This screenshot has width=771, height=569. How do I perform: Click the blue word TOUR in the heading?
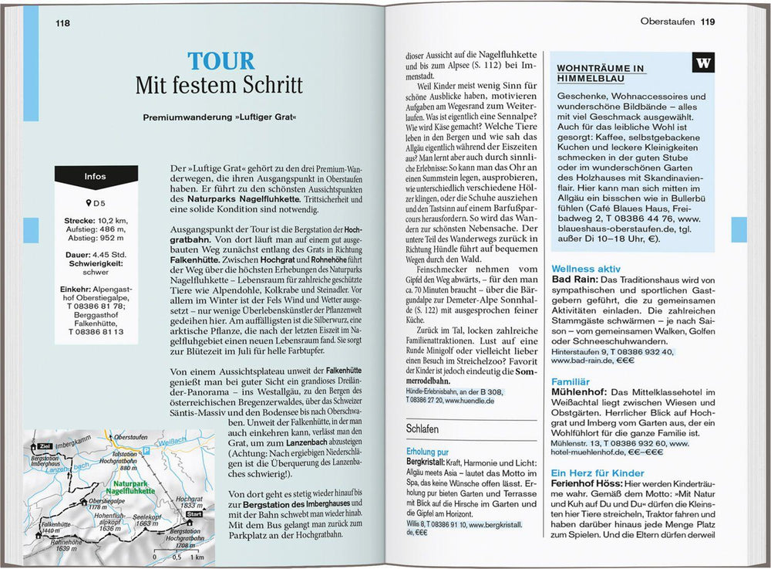point(221,62)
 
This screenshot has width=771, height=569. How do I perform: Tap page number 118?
point(63,23)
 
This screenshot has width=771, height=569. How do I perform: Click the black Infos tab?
point(96,176)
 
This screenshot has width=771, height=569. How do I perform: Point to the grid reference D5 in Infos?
point(96,203)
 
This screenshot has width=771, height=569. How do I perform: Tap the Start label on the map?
point(194,513)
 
